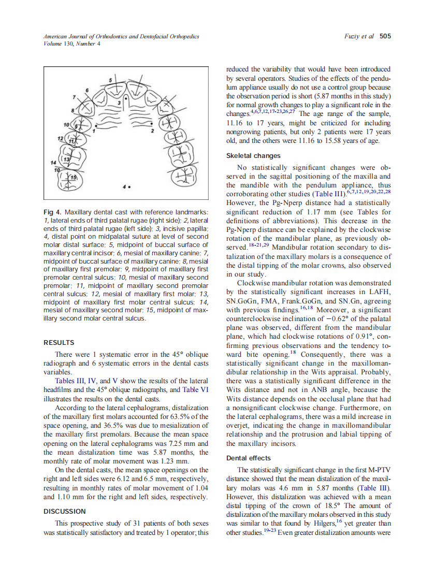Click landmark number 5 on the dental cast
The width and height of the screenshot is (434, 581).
coord(110,79)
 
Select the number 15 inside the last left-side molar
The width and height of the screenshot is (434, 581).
coord(73,178)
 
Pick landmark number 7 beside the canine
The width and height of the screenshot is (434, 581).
coord(75,96)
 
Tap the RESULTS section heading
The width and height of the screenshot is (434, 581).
coord(59,343)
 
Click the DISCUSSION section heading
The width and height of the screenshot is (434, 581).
coord(64,511)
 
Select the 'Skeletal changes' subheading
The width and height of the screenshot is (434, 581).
coord(253,156)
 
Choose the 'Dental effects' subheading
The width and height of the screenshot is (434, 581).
coord(250,458)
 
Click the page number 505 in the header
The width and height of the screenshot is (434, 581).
coord(385,36)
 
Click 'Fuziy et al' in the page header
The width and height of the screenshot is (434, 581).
coord(359,36)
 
